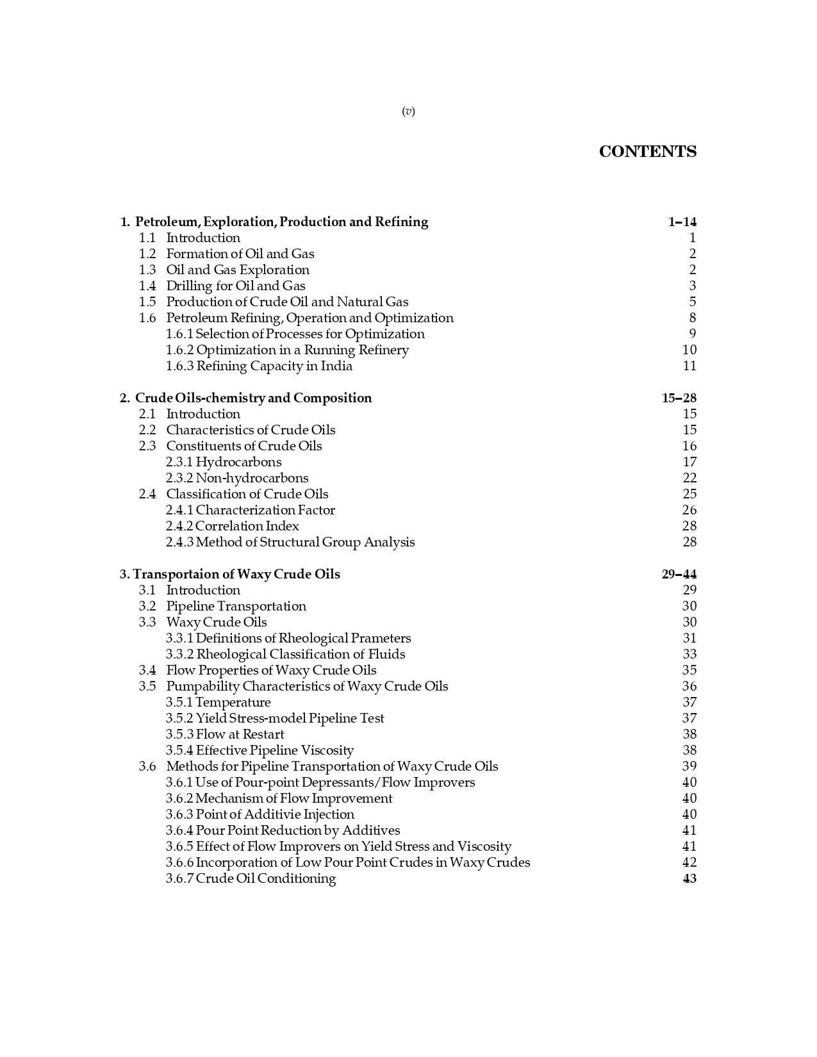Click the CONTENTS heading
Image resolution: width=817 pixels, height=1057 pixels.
(647, 152)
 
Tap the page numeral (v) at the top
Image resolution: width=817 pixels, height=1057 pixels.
(408, 111)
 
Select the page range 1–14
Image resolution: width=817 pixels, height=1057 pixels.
(682, 222)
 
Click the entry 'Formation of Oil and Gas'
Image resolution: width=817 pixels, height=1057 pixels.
(240, 254)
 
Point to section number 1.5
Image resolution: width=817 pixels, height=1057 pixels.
(147, 302)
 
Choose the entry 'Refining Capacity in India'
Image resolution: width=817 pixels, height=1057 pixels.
(274, 366)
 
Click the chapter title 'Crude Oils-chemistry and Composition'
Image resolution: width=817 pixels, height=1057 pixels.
(253, 398)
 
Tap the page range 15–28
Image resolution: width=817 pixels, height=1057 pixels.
(679, 398)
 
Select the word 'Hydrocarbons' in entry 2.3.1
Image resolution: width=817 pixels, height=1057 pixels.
(238, 463)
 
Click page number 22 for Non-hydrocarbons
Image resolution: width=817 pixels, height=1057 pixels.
(689, 479)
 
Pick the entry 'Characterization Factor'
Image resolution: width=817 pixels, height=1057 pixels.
(265, 511)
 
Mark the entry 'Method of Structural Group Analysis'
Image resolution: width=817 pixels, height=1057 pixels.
(305, 543)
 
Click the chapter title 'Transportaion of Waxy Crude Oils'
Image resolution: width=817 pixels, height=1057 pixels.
(236, 575)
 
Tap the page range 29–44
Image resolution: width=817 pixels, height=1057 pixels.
(679, 575)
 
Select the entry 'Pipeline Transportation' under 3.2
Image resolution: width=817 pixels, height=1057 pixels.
(236, 607)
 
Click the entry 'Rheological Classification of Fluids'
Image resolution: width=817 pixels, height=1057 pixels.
(301, 655)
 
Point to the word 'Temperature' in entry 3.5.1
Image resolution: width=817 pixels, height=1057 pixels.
(233, 703)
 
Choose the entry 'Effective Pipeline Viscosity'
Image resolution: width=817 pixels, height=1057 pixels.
(274, 751)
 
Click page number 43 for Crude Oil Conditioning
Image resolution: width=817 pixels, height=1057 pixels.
(689, 879)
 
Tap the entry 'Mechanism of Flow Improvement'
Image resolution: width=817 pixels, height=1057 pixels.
(293, 799)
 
